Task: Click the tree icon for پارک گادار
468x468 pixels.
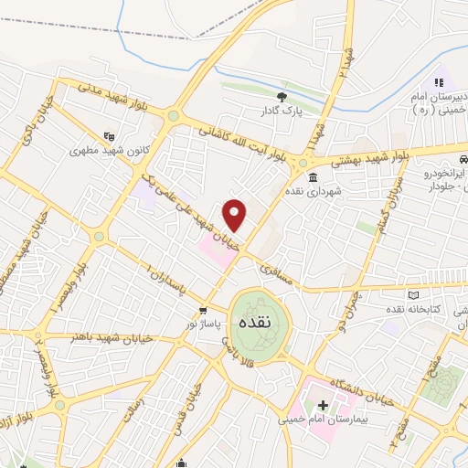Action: point(282,96)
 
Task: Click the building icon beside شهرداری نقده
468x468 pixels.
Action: point(314,177)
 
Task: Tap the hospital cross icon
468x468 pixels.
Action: point(323,404)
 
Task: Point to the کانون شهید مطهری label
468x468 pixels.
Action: point(110,145)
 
